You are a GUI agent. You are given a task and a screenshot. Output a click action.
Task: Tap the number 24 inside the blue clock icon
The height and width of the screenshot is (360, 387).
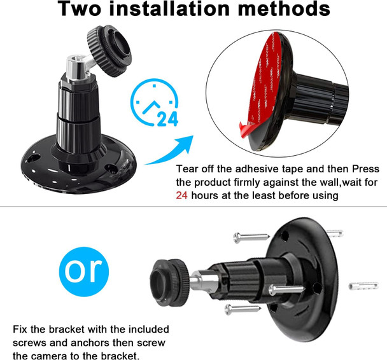[x=167, y=118]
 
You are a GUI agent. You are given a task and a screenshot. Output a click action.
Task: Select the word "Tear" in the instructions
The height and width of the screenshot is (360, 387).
[x=188, y=170]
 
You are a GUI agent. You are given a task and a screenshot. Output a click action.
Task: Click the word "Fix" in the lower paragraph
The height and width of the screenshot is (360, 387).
[x=21, y=329]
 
